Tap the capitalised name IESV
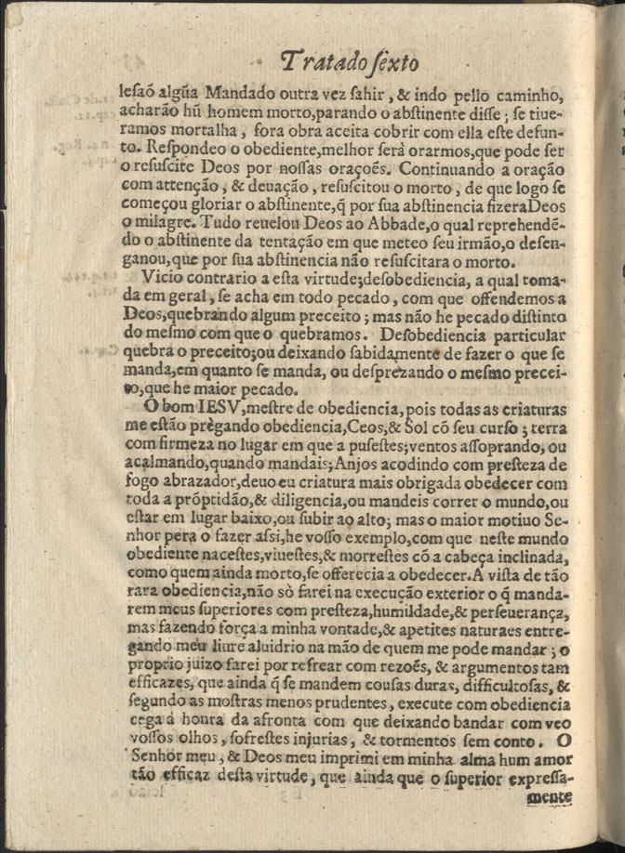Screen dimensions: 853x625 219,408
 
